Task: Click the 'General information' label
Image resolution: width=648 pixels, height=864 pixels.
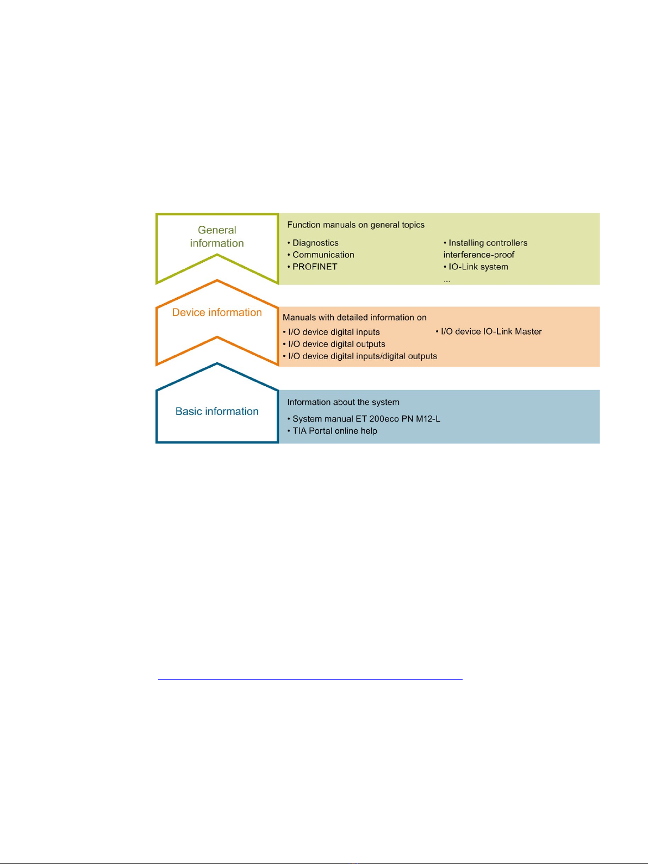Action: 217,237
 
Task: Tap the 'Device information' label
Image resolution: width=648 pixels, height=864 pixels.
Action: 217,312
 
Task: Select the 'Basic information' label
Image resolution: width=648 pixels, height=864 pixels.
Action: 217,411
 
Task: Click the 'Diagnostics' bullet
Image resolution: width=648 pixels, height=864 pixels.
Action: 313,243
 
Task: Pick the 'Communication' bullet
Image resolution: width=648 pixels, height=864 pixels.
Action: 320,255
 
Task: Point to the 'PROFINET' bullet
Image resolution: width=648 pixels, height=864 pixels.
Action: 312,267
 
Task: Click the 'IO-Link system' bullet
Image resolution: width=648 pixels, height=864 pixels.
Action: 476,267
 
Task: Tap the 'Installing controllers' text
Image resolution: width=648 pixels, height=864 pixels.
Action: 485,243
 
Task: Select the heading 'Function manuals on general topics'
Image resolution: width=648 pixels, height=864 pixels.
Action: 356,225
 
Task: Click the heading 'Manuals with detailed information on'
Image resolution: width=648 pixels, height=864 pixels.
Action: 354,317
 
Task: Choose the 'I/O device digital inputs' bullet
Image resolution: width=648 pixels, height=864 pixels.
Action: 331,332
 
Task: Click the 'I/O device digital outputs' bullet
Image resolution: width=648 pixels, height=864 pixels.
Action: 334,344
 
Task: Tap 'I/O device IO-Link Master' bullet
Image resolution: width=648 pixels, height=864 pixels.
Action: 489,331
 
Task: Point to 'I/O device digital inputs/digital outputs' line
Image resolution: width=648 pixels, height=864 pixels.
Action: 360,356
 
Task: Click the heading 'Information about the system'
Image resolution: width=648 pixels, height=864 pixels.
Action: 343,402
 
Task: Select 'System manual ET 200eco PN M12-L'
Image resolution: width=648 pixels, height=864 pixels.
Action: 364,419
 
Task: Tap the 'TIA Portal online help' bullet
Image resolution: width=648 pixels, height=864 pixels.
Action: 332,431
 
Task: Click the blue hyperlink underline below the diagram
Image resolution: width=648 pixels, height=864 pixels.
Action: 310,679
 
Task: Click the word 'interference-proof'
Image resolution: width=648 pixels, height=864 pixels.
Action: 479,255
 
